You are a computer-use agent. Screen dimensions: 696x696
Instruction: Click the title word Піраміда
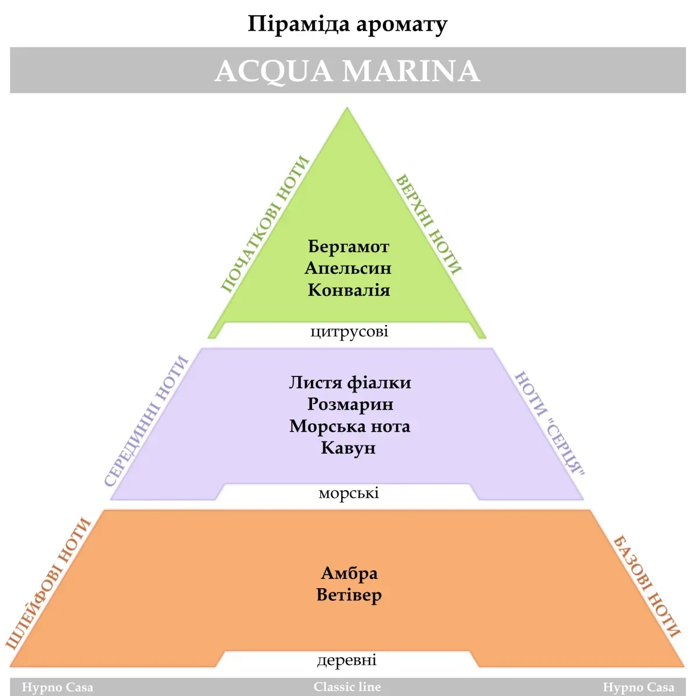pos(299,25)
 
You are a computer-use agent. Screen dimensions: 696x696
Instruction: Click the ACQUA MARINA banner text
pos(347,71)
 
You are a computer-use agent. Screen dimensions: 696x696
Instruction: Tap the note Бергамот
pos(349,247)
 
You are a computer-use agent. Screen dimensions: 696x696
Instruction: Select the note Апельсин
pos(348,269)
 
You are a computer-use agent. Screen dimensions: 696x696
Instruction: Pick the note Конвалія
pos(349,290)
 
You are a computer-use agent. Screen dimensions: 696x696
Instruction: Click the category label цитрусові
pos(349,332)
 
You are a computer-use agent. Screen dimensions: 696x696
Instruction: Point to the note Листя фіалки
pos(350,383)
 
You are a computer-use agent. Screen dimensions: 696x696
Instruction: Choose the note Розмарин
pos(350,404)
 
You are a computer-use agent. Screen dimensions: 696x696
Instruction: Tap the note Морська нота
pos(350,426)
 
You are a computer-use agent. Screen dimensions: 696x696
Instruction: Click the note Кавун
pos(349,448)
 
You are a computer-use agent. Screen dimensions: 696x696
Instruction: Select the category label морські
pos(349,493)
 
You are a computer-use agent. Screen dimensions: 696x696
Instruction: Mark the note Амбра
pos(349,574)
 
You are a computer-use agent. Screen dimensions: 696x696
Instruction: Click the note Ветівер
pos(349,595)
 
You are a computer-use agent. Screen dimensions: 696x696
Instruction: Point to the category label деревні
pos(347,660)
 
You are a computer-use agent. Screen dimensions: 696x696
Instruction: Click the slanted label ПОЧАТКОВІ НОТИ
pos(264,224)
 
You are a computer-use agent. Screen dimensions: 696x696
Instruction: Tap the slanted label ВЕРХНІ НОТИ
pos(429,224)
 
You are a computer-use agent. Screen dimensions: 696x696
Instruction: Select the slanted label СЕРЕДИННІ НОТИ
pos(146,421)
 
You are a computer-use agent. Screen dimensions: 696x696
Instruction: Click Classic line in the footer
pos(347,687)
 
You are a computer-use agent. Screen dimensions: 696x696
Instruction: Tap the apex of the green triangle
pos(347,107)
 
